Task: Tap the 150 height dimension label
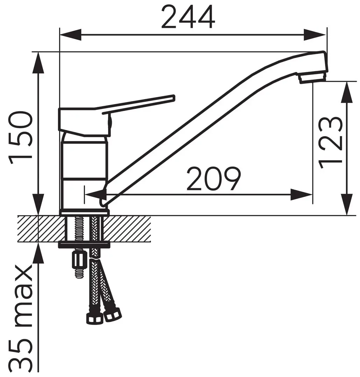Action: (x=20, y=137)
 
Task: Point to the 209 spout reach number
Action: (x=214, y=178)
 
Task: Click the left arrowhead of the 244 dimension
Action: (x=70, y=35)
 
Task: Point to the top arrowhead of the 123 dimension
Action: (x=347, y=93)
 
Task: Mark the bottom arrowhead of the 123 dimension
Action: (x=347, y=204)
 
